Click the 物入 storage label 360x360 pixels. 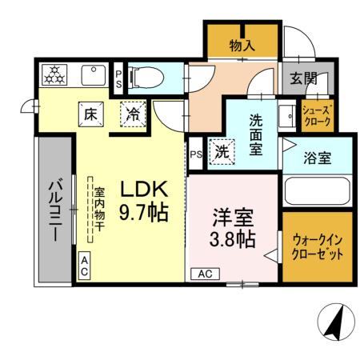click(242, 46)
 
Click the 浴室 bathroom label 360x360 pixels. click(317, 158)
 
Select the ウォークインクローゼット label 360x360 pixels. click(316, 246)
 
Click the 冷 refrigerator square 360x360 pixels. click(134, 114)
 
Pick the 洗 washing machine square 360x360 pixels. click(221, 151)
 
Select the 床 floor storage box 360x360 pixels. click(90, 114)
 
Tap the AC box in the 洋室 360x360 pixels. click(204, 274)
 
